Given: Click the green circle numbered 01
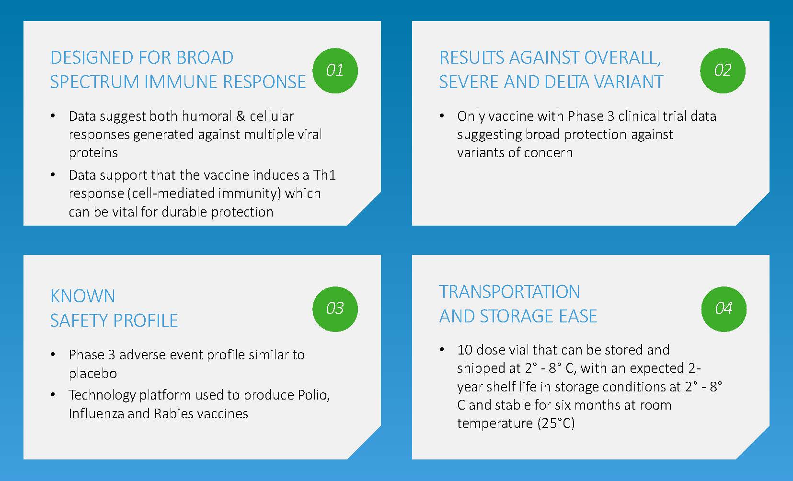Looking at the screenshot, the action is (x=335, y=70).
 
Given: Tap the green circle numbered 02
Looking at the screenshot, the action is (x=723, y=70).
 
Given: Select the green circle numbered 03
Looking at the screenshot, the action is (x=335, y=309).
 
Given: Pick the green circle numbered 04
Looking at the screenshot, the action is (x=724, y=309).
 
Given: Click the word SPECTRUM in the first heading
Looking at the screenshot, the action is (x=94, y=82).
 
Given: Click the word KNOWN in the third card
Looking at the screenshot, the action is (x=83, y=296).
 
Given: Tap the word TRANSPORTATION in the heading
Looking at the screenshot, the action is (x=509, y=292).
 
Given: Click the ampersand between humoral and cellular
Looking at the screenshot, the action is (x=241, y=116).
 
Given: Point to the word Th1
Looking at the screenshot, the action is (x=324, y=175).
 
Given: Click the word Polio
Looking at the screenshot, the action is (x=314, y=395).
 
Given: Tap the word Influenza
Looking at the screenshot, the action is (x=96, y=413).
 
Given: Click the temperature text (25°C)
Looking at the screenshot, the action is (x=556, y=424).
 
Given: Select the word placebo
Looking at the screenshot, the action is (x=93, y=373).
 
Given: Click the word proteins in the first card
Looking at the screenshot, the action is (x=93, y=153).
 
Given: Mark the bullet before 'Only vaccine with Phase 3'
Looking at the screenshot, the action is (x=441, y=116).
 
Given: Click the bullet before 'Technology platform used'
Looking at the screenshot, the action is (x=53, y=395).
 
